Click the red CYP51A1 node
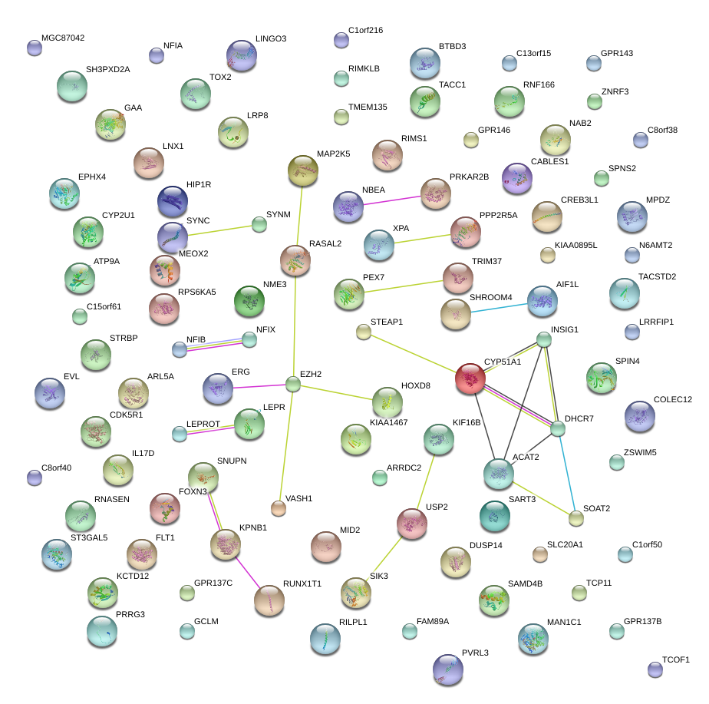tap(470, 378)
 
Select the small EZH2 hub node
tap(293, 383)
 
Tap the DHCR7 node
tap(558, 429)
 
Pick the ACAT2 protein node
tap(499, 474)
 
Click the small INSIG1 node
tap(544, 339)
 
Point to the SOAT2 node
tap(576, 518)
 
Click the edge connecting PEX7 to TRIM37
tap(403, 286)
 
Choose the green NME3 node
tap(249, 301)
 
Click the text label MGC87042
tap(63, 38)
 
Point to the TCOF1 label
tap(676, 659)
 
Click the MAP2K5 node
tap(302, 170)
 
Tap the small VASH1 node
tap(279, 507)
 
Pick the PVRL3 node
tap(448, 669)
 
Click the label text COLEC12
tap(672, 399)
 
